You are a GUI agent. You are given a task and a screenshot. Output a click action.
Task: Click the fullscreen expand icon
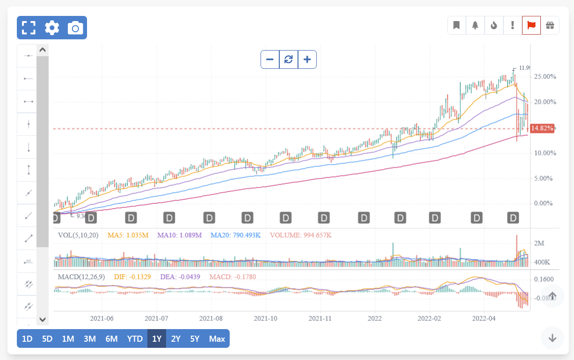click(x=29, y=28)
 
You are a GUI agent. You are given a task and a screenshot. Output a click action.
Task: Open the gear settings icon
click(x=52, y=28)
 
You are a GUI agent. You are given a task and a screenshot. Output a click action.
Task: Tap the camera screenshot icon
click(x=75, y=28)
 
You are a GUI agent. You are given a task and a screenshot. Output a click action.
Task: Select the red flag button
click(x=531, y=25)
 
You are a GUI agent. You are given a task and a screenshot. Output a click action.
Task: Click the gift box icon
click(x=550, y=25)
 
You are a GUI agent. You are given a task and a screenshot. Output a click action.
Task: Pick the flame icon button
click(x=494, y=25)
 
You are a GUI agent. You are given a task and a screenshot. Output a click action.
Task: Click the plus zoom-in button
click(x=307, y=59)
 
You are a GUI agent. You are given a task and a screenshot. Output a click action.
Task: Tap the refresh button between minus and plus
click(x=289, y=59)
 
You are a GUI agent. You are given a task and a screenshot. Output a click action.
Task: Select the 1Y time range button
click(x=157, y=338)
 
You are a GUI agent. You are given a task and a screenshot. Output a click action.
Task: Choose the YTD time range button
click(x=135, y=338)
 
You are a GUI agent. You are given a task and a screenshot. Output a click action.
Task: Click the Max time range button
click(x=217, y=338)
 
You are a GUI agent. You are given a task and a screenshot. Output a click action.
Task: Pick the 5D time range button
click(x=47, y=338)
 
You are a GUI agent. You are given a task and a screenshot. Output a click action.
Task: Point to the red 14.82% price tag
click(x=543, y=128)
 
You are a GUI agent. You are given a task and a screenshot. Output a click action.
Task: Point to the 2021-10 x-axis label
click(x=266, y=318)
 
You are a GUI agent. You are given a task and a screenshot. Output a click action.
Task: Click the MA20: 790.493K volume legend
click(x=235, y=235)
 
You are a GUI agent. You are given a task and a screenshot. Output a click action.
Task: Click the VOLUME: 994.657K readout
click(x=300, y=235)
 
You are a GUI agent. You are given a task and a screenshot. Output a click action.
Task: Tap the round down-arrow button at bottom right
click(x=552, y=338)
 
